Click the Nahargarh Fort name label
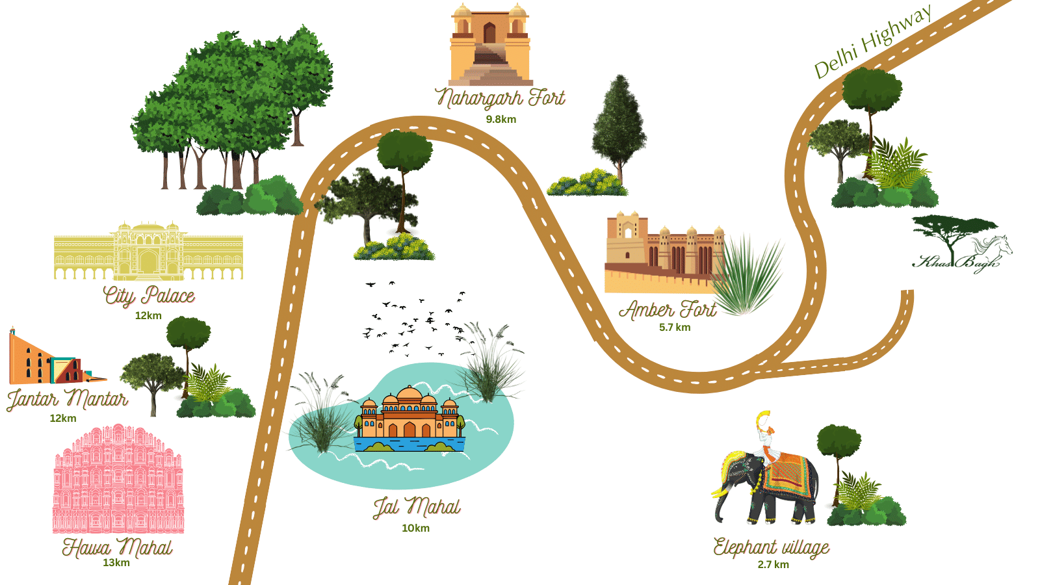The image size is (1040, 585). pyautogui.click(x=500, y=98)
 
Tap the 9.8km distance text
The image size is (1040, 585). pyautogui.click(x=500, y=120)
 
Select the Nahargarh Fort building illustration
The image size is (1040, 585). pyautogui.click(x=490, y=45)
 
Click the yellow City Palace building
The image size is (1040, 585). pyautogui.click(x=148, y=252)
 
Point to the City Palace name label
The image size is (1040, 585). pyautogui.click(x=149, y=296)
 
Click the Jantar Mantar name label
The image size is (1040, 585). pyautogui.click(x=67, y=398)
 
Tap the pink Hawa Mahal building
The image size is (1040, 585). pyautogui.click(x=118, y=481)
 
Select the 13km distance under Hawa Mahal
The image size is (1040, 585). pyautogui.click(x=116, y=563)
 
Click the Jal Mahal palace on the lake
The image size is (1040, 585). pyautogui.click(x=409, y=419)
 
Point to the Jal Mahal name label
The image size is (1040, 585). pyautogui.click(x=417, y=507)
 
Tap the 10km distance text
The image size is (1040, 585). pyautogui.click(x=415, y=528)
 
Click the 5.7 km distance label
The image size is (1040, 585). pyautogui.click(x=675, y=328)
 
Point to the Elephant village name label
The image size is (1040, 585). pyautogui.click(x=771, y=547)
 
